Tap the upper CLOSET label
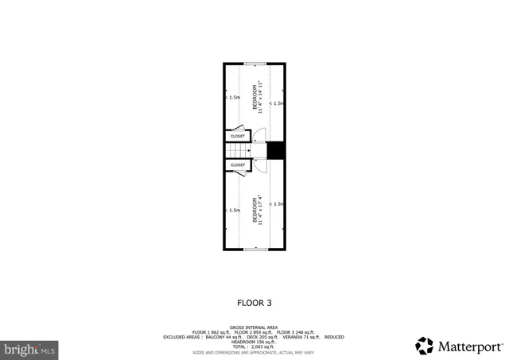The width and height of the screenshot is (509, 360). coord(238,136)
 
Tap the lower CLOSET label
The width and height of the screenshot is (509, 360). coord(238,165)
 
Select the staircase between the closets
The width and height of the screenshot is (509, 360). coord(237,150)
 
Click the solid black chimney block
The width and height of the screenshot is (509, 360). coord(276,150)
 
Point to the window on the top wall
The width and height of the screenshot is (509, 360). coord(254,64)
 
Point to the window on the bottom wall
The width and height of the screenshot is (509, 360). coord(254,250)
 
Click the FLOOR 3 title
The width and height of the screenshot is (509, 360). coord(254,302)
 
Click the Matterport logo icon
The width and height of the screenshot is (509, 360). coord(424,346)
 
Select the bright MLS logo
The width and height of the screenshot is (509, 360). coord(30,348)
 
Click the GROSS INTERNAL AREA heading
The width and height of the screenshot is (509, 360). coord(254,327)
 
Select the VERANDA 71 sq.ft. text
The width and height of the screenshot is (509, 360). coord(300,337)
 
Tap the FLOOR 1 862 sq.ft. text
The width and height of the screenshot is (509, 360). coord(210,331)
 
